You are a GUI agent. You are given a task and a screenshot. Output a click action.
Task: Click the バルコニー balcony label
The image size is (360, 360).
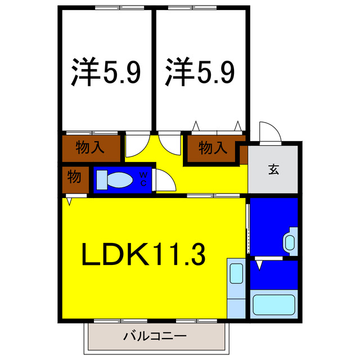tap(154, 337)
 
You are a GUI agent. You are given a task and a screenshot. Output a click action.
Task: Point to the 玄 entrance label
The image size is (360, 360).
tap(274, 169)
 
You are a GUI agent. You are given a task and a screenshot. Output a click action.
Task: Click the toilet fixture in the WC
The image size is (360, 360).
tap(115, 180)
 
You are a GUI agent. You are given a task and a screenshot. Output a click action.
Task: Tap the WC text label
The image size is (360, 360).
tap(143, 179)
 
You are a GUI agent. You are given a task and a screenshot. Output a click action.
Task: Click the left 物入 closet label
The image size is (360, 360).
tap(91, 148)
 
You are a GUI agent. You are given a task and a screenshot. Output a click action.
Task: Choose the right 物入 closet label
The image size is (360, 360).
tap(213, 148)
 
